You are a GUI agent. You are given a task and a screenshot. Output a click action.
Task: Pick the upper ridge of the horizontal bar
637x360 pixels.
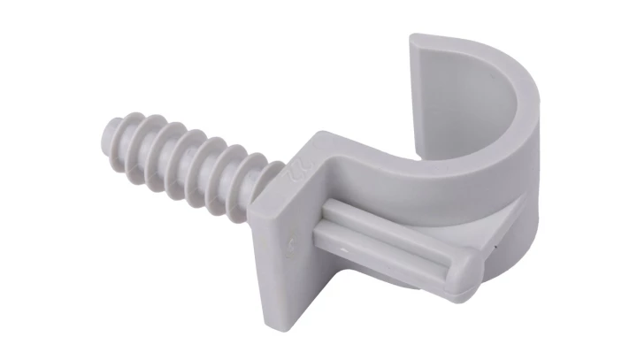[x=389, y=221]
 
